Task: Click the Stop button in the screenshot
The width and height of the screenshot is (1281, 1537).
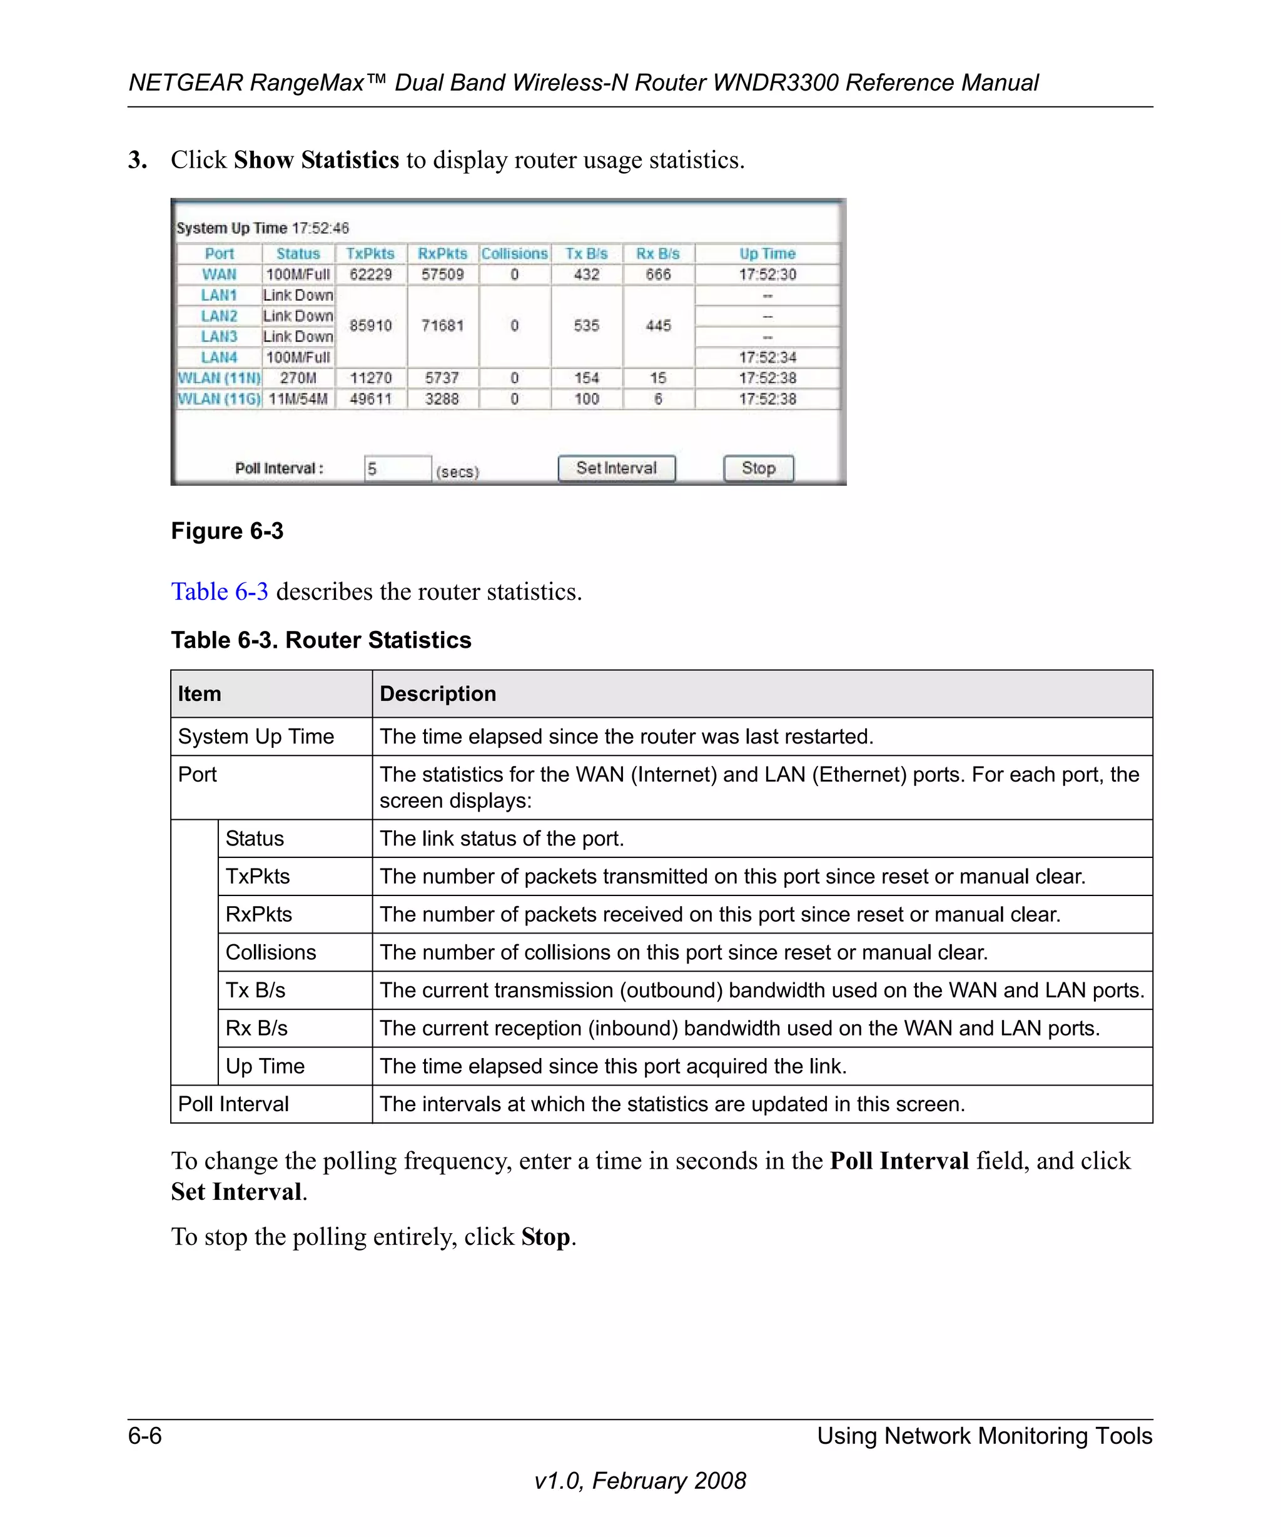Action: coord(757,468)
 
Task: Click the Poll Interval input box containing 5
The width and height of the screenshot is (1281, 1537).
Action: coord(397,468)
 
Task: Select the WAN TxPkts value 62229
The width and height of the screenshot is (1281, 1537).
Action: coord(370,275)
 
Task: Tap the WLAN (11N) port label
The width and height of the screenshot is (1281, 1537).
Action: coord(219,378)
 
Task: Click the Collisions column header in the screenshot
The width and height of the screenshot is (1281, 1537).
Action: coord(514,254)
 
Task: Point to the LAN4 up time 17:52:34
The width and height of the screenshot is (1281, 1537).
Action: coord(766,357)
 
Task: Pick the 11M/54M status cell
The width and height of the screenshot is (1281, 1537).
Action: coord(298,399)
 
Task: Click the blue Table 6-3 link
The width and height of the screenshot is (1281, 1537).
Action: coord(219,592)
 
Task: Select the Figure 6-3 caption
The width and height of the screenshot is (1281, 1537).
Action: coord(227,531)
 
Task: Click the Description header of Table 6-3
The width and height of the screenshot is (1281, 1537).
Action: coord(438,694)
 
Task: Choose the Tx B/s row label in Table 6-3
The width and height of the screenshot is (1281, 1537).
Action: coord(255,990)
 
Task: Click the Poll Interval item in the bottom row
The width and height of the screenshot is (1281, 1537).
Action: coord(233,1104)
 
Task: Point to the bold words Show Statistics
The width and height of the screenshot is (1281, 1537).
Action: coord(316,159)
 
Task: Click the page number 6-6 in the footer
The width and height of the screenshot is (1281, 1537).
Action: coord(145,1436)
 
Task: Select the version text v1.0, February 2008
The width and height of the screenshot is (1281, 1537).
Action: coord(640,1481)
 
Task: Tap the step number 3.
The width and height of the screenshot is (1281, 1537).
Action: coord(137,159)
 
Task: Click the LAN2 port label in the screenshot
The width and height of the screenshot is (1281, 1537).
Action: coord(219,316)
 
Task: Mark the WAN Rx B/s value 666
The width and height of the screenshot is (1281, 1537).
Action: coord(657,275)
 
